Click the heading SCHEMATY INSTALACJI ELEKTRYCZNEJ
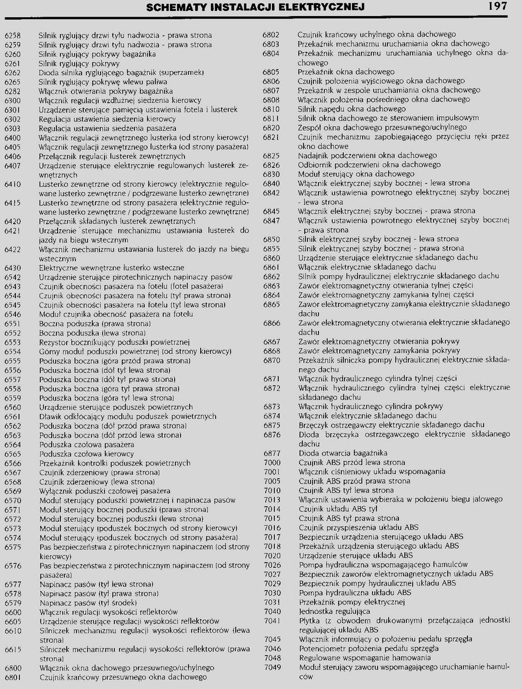pyautogui.click(x=255, y=7)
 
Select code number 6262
pyautogui.click(x=12, y=72)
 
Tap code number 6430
pyautogui.click(x=12, y=268)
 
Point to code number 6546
pyautogui.click(x=12, y=314)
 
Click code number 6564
pyautogui.click(x=12, y=444)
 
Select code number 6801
pyautogui.click(x=12, y=677)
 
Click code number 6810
pyautogui.click(x=271, y=109)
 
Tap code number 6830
pyautogui.click(x=271, y=174)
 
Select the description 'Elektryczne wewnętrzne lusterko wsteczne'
pyautogui.click(x=112, y=268)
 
